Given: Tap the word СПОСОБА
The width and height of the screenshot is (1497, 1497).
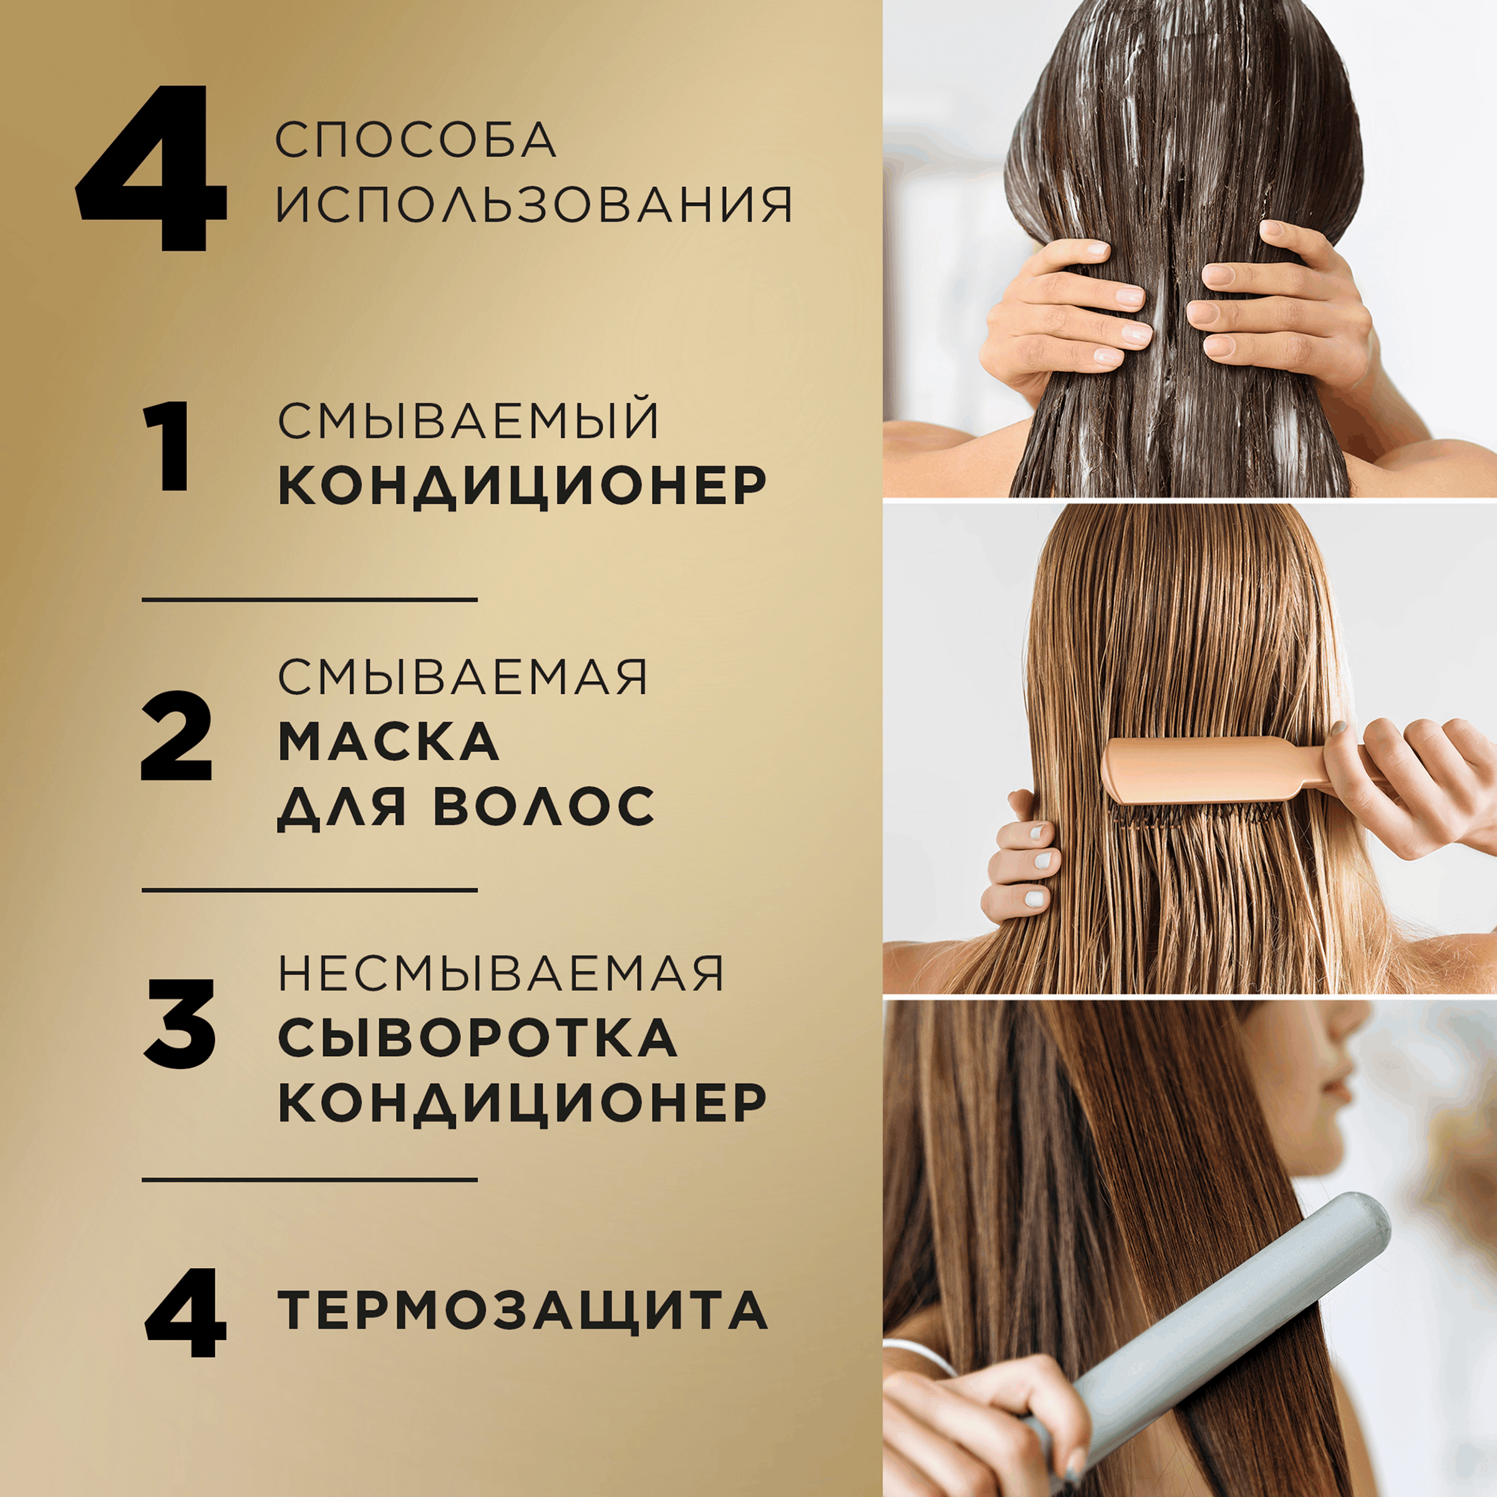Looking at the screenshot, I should tap(416, 140).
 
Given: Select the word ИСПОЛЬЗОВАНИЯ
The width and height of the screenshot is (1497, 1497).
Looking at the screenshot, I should tap(534, 205).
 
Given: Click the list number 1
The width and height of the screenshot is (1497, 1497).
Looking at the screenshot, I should tap(167, 447).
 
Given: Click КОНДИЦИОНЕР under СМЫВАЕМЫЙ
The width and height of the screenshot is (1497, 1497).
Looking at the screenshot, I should tap(522, 486).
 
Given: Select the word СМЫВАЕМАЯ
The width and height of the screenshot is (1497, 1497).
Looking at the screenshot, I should tap(463, 677).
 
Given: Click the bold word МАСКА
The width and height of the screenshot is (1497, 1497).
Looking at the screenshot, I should tap(388, 742).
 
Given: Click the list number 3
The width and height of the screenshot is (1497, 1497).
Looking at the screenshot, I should tap(180, 1024).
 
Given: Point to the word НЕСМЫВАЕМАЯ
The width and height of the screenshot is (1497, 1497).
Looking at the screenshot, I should tap(500, 973).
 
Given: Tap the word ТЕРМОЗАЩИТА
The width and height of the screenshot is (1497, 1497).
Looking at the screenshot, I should tap(522, 1310).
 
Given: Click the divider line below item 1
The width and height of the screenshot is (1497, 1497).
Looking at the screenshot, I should tap(309, 599).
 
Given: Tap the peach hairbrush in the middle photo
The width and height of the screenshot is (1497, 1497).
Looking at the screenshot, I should tap(1209, 771).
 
